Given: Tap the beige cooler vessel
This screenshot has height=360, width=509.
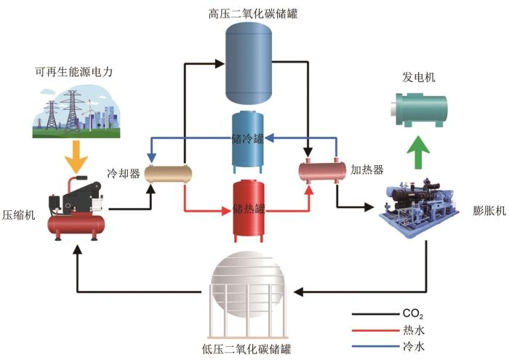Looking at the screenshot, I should pos(169,173).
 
